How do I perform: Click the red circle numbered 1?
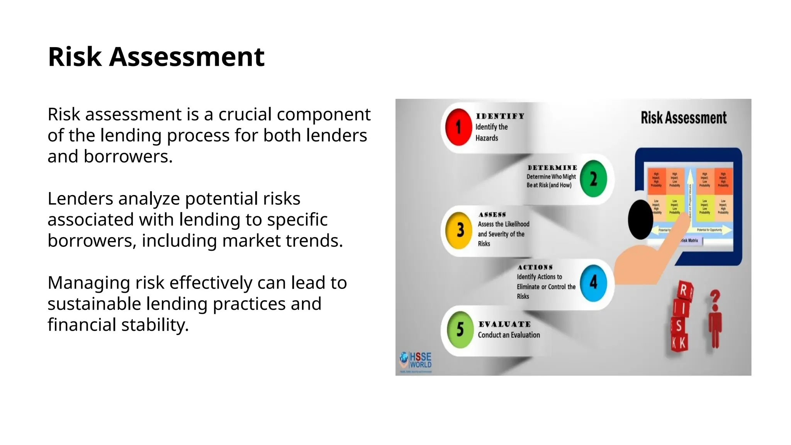coord(458,127)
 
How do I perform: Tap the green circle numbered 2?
coord(593,179)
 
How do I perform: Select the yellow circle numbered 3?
coord(459,230)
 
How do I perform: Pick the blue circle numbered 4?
coord(593,283)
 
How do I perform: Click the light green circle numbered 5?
coord(460,330)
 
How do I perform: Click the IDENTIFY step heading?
coord(500,116)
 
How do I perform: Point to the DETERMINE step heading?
coord(552,168)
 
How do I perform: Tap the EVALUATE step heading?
coord(504,324)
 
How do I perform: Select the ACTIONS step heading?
coord(535,267)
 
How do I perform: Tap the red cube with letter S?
coord(679,326)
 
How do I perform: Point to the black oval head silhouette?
coord(640,219)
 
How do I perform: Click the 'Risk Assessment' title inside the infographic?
coord(683,118)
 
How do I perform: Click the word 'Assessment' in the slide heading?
coord(187,57)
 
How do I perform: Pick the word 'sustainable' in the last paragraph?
coord(94,304)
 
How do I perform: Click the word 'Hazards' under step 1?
coord(487,138)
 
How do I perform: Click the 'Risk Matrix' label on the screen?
coord(690,241)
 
